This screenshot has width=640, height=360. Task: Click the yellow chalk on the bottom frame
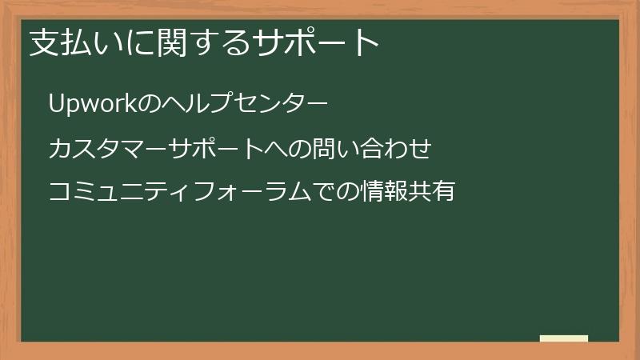point(564,338)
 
